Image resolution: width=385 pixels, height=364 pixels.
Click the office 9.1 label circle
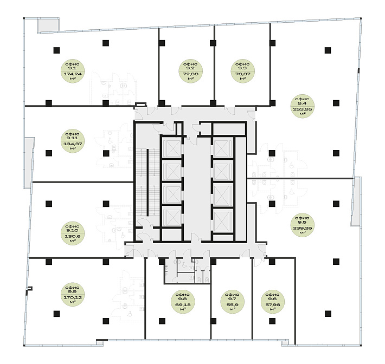point(73,71)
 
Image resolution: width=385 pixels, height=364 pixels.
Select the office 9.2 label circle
point(190,71)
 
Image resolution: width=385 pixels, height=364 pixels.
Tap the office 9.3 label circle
point(242,71)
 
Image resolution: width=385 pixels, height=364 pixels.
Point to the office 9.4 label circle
point(303,106)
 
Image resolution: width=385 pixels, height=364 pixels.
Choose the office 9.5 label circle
point(303,225)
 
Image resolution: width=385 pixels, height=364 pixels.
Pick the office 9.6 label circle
point(273,302)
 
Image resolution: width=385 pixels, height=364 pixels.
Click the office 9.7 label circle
point(232,302)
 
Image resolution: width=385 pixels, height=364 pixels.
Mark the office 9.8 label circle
point(183,302)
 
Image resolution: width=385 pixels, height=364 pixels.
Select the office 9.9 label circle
point(73,294)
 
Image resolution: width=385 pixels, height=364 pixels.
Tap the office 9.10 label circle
point(73,233)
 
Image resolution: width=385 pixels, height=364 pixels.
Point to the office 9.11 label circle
point(73,141)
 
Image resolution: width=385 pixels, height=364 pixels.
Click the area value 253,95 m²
point(303,111)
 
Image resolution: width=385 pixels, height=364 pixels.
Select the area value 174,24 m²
point(73,76)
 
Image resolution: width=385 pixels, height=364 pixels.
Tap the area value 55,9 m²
point(232,307)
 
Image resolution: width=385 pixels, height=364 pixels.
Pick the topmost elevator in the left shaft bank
point(172,148)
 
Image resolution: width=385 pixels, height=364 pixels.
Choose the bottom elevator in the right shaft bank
point(223,221)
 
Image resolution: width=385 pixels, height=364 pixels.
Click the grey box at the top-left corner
point(48,25)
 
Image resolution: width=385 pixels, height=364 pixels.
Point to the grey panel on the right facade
point(356,201)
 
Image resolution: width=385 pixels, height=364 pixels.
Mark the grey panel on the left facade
point(29,163)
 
